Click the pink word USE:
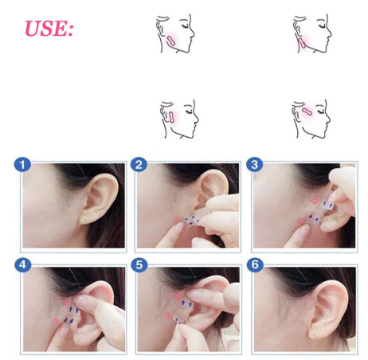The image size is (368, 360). pyautogui.click(x=49, y=28)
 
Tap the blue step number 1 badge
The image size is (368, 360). pyautogui.click(x=22, y=165)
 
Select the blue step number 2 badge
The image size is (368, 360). pyautogui.click(x=139, y=165)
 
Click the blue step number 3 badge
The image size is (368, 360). pyautogui.click(x=254, y=165)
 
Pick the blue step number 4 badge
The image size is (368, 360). pyautogui.click(x=23, y=264)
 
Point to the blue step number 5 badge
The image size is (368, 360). pyautogui.click(x=139, y=264)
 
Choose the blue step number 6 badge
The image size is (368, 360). pyautogui.click(x=255, y=264)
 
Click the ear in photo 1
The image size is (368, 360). pyautogui.click(x=100, y=198)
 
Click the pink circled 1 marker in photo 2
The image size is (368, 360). pyautogui.click(x=178, y=220)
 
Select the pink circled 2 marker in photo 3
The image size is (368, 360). pyautogui.click(x=315, y=201)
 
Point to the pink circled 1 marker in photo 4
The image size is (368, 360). pyautogui.click(x=57, y=322)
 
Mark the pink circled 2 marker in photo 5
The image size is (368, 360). pyautogui.click(x=177, y=296)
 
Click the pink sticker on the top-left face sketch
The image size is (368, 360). pyautogui.click(x=170, y=41)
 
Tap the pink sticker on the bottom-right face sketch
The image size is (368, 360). pyautogui.click(x=307, y=111)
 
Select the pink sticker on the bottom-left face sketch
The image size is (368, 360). pyautogui.click(x=171, y=117)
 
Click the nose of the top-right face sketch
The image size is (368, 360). pyautogui.click(x=330, y=33)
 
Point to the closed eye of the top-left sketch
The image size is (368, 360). pyautogui.click(x=185, y=25)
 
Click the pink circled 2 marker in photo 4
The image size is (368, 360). pyautogui.click(x=65, y=302)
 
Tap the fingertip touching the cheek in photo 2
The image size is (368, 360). pyautogui.click(x=180, y=227)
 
